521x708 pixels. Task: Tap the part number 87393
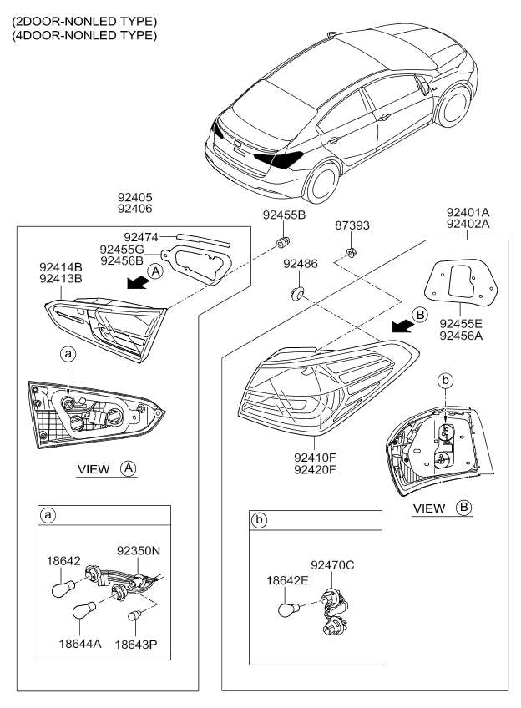click(x=352, y=225)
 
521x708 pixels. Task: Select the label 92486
click(x=300, y=264)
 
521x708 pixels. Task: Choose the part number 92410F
click(x=316, y=458)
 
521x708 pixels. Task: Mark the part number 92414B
click(x=63, y=268)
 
